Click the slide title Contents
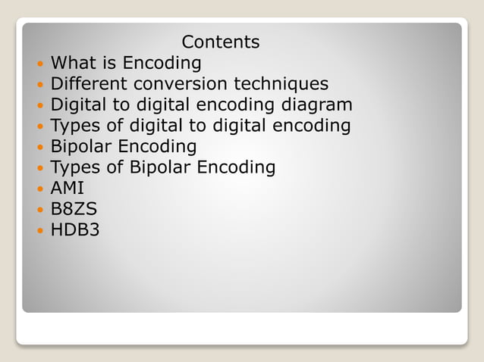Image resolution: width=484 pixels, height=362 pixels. point(221,42)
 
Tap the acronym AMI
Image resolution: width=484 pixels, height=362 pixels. point(67,188)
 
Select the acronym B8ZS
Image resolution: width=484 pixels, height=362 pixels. point(74,208)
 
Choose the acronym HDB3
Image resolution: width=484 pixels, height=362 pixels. point(74,229)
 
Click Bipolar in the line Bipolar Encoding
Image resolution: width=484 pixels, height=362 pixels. point(81,146)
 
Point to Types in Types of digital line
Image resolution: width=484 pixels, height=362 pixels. point(75,126)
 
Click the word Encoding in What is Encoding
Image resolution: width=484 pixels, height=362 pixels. point(162,63)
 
